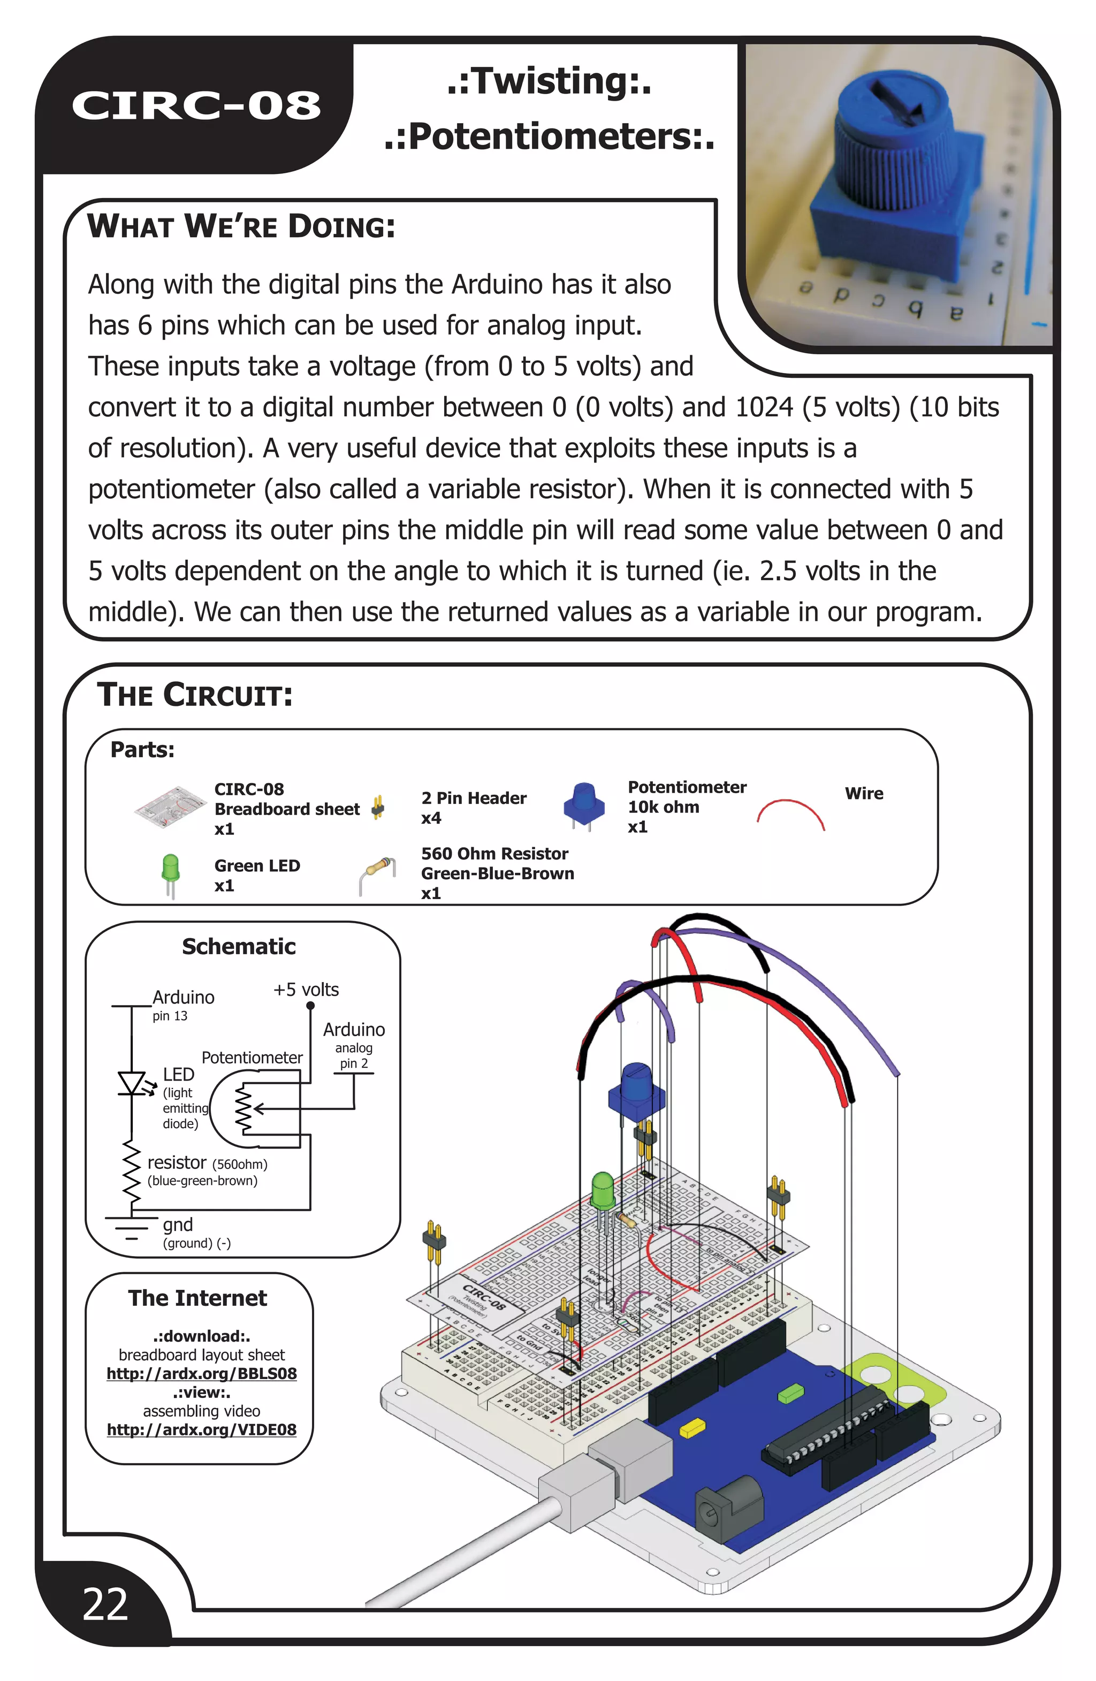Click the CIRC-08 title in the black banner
click(x=196, y=106)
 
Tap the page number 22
click(x=105, y=1604)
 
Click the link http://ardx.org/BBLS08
click(x=201, y=1374)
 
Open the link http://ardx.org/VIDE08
click(x=201, y=1429)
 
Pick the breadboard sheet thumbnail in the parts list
click(x=170, y=807)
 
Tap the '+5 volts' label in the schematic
click(x=306, y=990)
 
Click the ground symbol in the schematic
click(x=131, y=1226)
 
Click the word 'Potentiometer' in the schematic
click(x=252, y=1058)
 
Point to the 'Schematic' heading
click(x=239, y=946)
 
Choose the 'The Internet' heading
click(x=197, y=1298)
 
